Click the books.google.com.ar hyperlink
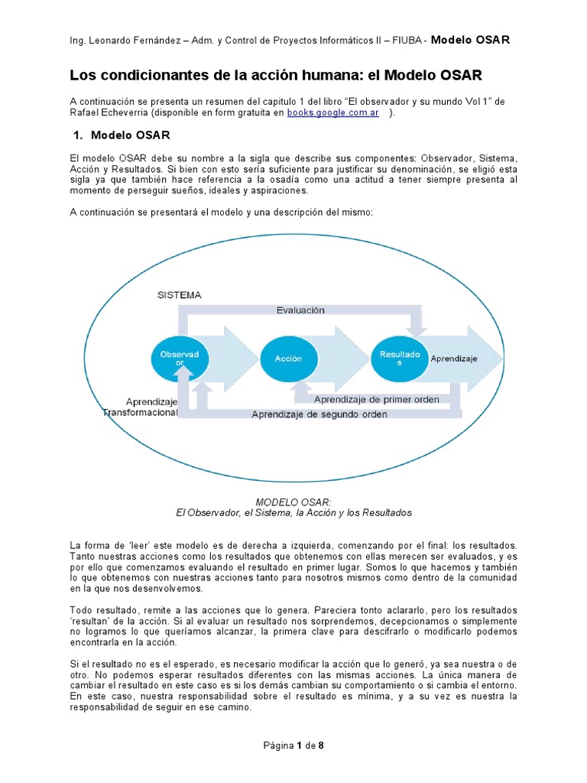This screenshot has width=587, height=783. point(333,113)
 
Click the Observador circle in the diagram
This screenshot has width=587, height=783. point(179,358)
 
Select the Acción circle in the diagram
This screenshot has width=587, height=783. point(288,358)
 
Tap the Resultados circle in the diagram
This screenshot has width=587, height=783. point(400,358)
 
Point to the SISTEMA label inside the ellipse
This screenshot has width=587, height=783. point(179,295)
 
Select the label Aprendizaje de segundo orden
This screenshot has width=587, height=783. point(319,414)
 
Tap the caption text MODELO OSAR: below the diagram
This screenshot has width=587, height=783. point(293,502)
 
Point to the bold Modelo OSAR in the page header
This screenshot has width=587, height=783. point(470,40)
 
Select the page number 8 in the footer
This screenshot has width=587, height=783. point(322,746)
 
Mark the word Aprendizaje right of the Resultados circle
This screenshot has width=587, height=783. point(454,358)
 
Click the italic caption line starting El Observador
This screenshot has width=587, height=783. point(293,512)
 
